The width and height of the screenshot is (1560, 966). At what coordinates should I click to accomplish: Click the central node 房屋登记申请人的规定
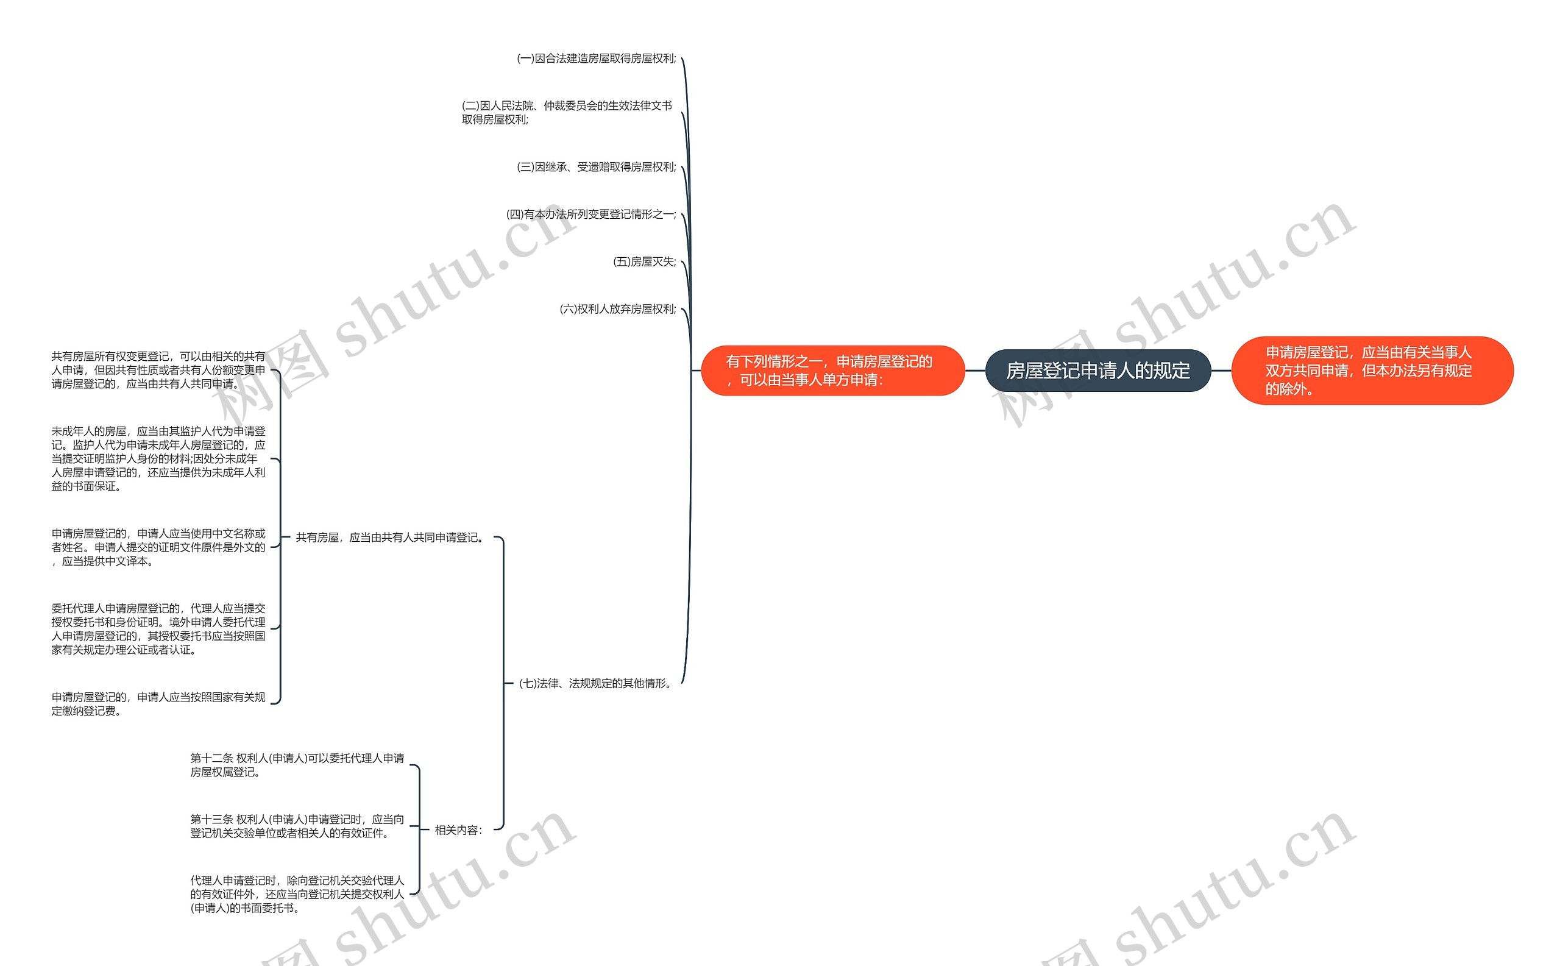1097,371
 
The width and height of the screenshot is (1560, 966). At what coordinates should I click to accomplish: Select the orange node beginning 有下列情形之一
832,371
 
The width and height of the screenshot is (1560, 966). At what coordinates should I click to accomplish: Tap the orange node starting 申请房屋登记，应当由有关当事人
1372,371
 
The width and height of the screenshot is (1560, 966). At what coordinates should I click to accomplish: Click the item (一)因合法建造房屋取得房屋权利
596,59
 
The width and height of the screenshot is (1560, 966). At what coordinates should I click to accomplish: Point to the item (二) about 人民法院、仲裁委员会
567,112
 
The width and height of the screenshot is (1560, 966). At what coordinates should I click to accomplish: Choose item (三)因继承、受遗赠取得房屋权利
596,167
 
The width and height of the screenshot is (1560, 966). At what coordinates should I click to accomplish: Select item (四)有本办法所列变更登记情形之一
591,215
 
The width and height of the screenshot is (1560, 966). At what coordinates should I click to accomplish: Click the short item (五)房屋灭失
644,262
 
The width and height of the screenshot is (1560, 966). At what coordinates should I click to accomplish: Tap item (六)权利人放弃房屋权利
617,309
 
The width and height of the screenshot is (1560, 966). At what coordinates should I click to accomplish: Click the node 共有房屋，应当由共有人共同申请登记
389,538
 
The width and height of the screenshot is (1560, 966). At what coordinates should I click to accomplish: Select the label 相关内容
458,830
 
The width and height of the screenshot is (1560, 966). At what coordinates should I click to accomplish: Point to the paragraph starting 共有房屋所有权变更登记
158,370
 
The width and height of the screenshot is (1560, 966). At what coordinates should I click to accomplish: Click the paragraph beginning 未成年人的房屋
158,459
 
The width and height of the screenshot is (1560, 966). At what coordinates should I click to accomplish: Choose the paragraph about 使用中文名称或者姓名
158,547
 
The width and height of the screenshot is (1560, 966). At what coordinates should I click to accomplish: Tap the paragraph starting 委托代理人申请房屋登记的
158,630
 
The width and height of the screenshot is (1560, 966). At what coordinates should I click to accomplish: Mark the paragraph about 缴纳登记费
158,704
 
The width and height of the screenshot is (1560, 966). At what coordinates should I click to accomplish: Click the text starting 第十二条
297,765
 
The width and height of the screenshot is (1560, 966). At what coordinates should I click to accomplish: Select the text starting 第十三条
297,826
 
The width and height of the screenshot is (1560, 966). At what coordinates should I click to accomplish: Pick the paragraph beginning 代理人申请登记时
297,895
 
